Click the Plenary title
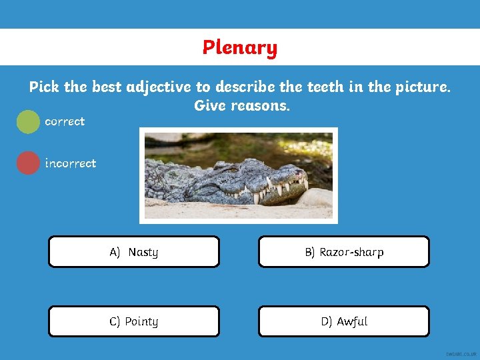pyautogui.click(x=240, y=47)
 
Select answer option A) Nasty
pyautogui.click(x=134, y=252)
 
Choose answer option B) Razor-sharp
pyautogui.click(x=344, y=252)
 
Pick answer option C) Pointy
pyautogui.click(x=134, y=321)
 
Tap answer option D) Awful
pyautogui.click(x=344, y=321)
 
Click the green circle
pyautogui.click(x=28, y=122)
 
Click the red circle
pyautogui.click(x=28, y=163)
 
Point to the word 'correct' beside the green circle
pyautogui.click(x=65, y=121)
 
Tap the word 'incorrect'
pyautogui.click(x=70, y=163)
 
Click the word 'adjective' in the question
pyautogui.click(x=158, y=87)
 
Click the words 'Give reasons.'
pyautogui.click(x=242, y=106)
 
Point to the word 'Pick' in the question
pyautogui.click(x=44, y=87)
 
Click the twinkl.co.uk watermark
pyautogui.click(x=462, y=354)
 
